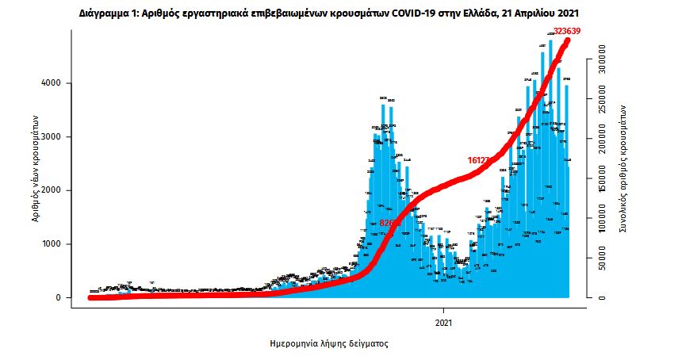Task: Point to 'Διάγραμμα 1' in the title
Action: click(x=106, y=13)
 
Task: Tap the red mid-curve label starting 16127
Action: click(x=479, y=160)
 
